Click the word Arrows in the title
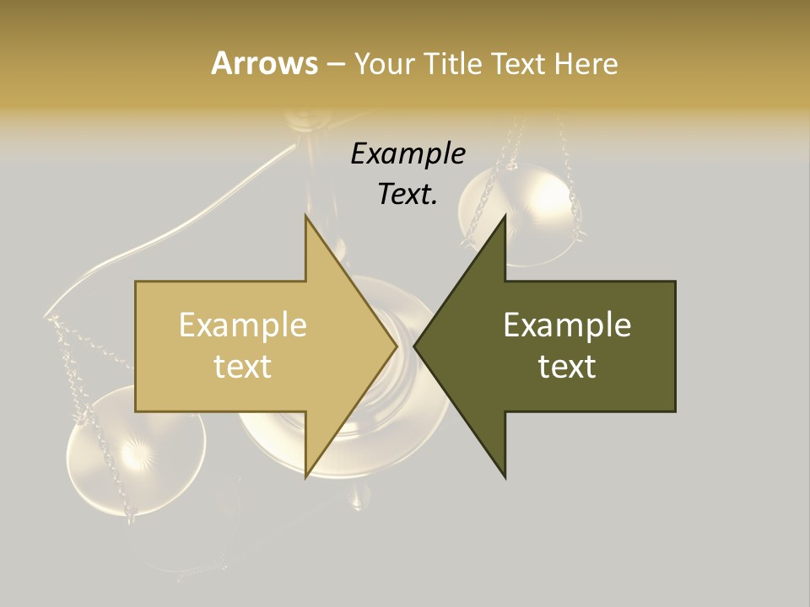point(264,63)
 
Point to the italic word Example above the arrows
point(408,154)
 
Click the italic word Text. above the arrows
point(408,195)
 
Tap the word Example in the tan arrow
point(243,325)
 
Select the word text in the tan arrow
point(243,367)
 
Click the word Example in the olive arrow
point(567,325)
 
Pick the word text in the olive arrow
point(567,367)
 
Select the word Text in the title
point(518,64)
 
